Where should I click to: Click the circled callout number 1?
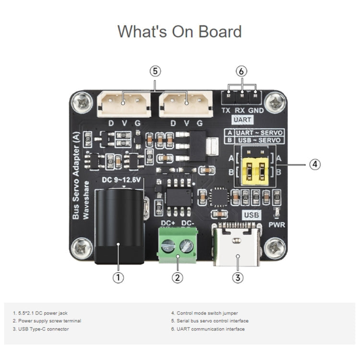coord(118,277)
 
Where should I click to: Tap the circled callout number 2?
coord(178,277)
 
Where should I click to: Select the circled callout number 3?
coord(237,277)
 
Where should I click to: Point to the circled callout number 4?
coord(314,164)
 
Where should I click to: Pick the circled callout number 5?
coord(155,71)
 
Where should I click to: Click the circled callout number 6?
coord(242,71)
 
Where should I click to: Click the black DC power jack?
coord(119,226)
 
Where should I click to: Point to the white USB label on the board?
coord(252,215)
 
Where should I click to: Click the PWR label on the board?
coord(277,224)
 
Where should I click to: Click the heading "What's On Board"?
coord(180,32)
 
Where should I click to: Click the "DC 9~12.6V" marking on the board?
coord(121,180)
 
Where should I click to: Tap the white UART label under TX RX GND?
coord(242,119)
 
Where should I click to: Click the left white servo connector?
coord(124,103)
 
